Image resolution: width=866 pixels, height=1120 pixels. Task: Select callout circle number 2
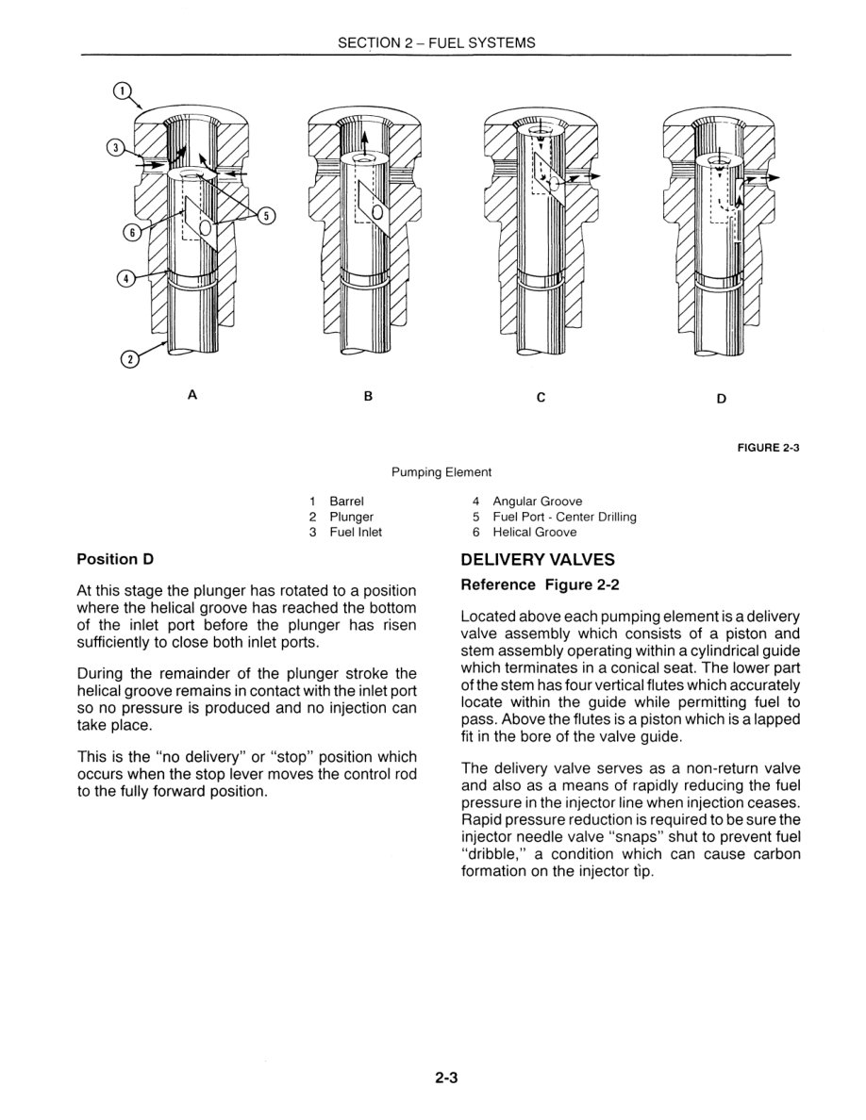pyautogui.click(x=130, y=358)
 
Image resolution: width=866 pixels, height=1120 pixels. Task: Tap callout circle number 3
pyautogui.click(x=115, y=147)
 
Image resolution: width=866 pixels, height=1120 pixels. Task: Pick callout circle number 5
pyautogui.click(x=267, y=216)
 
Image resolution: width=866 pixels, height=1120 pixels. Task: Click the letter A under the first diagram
pyautogui.click(x=192, y=395)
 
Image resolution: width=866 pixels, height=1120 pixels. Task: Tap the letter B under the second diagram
pyautogui.click(x=369, y=396)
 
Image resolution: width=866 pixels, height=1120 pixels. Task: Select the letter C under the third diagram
pyautogui.click(x=541, y=397)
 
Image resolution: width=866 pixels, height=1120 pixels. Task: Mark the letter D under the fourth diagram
pyautogui.click(x=721, y=398)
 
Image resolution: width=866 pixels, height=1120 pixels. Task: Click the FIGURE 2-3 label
pyautogui.click(x=768, y=448)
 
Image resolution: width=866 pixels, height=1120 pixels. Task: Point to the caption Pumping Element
pyautogui.click(x=441, y=472)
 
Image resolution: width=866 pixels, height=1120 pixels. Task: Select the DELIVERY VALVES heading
pyautogui.click(x=538, y=560)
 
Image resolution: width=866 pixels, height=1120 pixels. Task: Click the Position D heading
pyautogui.click(x=115, y=559)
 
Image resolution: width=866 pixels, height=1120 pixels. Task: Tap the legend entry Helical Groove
pyautogui.click(x=534, y=532)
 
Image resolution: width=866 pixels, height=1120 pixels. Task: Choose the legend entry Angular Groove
pyautogui.click(x=537, y=502)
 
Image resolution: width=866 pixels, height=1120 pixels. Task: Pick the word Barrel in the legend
pyautogui.click(x=346, y=502)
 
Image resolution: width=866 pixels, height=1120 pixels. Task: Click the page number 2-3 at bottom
pyautogui.click(x=446, y=1079)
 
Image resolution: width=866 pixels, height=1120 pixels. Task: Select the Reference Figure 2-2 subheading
pyautogui.click(x=540, y=585)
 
